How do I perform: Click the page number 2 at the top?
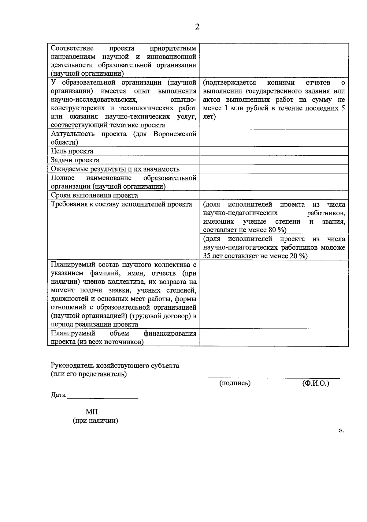pos(197,27)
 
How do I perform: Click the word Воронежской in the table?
pos(175,134)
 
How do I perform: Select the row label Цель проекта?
pos(72,151)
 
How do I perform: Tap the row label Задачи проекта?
pos(75,160)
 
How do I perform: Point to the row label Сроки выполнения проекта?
pos(94,195)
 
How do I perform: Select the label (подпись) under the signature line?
pos(235,383)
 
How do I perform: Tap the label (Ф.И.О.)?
pos(315,383)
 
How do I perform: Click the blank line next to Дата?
pos(102,398)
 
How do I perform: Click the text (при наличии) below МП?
pos(95,421)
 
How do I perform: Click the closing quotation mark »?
pos(341,430)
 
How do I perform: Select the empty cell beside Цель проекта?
pos(274,151)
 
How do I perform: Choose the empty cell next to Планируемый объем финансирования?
pos(274,337)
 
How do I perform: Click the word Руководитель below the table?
pos(72,365)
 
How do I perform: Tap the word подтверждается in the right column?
pos(229,82)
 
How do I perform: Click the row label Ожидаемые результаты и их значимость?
pos(115,169)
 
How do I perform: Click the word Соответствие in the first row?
pos(72,48)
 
